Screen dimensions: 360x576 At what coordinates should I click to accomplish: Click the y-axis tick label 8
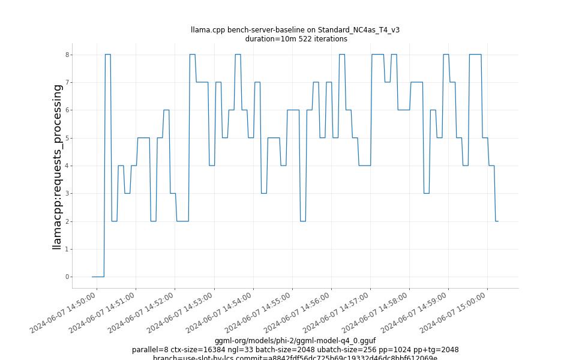(x=68, y=55)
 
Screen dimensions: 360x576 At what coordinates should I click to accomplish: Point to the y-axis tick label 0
(x=68, y=277)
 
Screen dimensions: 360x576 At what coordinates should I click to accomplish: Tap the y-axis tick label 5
(x=68, y=138)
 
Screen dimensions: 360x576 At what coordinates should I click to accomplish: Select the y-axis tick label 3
(x=68, y=193)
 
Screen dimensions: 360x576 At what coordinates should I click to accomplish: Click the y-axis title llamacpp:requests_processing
(x=57, y=166)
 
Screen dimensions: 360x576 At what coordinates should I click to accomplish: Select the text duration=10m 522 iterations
(x=296, y=39)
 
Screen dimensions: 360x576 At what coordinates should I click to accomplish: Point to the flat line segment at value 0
(x=98, y=277)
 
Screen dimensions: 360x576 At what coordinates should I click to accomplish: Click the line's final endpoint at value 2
(x=497, y=221)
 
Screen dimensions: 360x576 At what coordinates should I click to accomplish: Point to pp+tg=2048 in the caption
(x=436, y=350)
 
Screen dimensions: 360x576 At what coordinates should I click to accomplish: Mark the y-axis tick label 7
(x=68, y=82)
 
